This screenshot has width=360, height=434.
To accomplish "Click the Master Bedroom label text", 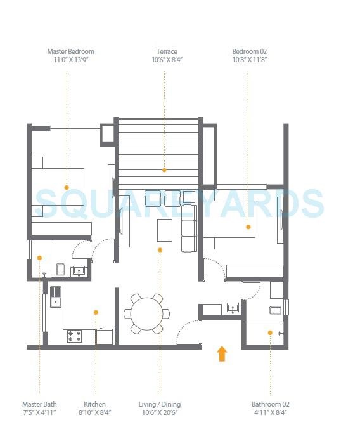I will [x=70, y=51].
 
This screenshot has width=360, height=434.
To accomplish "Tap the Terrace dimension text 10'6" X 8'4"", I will [x=167, y=60].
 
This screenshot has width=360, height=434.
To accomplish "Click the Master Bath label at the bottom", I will [x=39, y=404].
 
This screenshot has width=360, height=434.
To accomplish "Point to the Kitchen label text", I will [x=94, y=404].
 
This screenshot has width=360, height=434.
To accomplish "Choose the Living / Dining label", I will [x=160, y=404].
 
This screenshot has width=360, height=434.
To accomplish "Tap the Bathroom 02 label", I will [x=270, y=404].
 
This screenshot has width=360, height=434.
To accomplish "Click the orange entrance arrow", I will [x=222, y=353].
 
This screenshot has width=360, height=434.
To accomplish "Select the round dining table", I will [x=146, y=313].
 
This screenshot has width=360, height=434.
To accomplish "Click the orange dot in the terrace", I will [x=164, y=170].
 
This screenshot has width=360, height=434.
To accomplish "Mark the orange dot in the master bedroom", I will [x=66, y=187].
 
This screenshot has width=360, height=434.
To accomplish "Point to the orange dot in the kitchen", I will [x=96, y=312].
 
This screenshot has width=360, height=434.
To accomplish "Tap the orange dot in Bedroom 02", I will [x=248, y=227].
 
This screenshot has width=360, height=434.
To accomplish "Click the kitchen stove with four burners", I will [x=75, y=336].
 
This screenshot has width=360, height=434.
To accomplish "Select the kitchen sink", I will [x=56, y=296].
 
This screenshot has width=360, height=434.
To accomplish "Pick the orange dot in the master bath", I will [x=39, y=258].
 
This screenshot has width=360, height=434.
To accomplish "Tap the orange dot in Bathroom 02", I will [x=270, y=332].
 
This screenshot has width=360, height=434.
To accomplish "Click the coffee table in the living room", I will [x=164, y=230].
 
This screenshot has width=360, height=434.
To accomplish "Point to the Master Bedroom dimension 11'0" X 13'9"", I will [x=70, y=60].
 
